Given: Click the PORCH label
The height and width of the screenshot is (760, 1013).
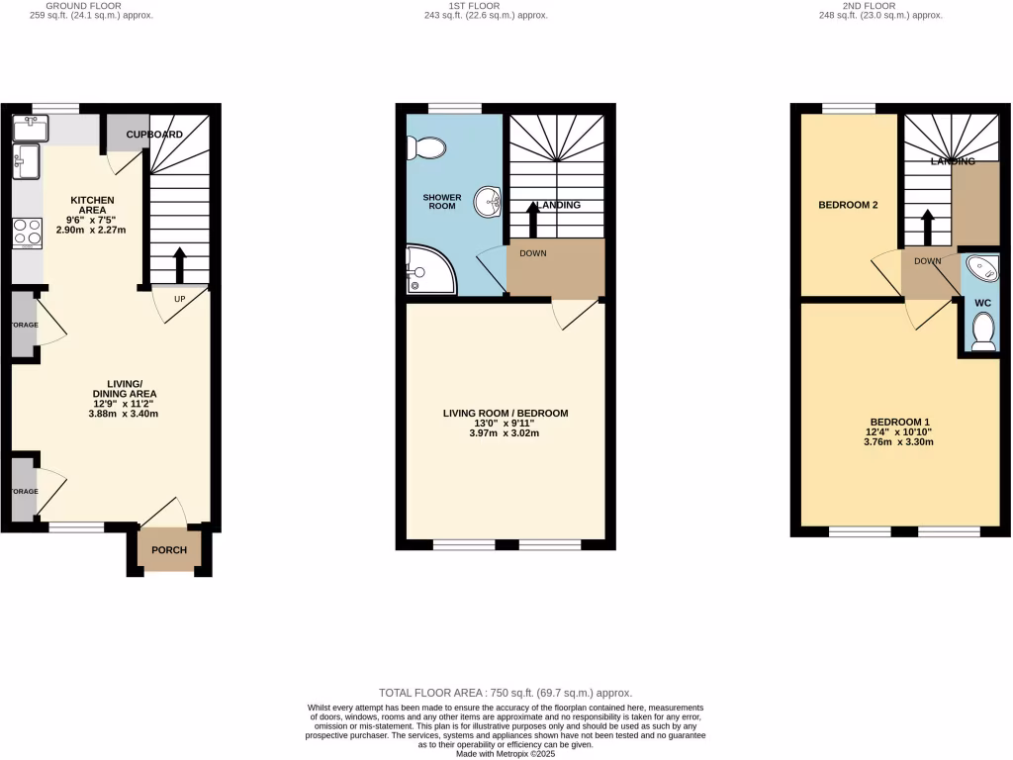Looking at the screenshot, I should tap(168, 551).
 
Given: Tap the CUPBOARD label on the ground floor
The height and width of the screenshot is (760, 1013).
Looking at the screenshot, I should tap(153, 134).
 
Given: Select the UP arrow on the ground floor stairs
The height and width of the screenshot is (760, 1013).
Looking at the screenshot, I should tap(179, 264).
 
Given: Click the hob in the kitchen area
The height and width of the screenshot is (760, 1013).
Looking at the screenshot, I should tap(27, 232).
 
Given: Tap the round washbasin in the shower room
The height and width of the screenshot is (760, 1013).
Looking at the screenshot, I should tap(489, 203).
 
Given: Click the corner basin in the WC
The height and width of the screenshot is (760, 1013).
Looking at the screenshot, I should tap(982, 267).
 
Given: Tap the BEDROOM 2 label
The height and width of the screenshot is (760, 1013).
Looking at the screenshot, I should tap(848, 205).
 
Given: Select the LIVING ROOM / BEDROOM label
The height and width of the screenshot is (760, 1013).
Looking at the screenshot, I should tap(506, 413).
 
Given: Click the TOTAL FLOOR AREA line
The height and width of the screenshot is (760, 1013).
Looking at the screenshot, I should tap(506, 694).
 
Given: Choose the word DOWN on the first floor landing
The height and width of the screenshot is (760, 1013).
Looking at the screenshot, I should tap(533, 252).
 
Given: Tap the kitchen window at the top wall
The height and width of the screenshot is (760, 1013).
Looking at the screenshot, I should tap(55, 108).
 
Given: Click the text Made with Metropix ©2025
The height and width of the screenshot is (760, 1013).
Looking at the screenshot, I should tap(506, 753).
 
